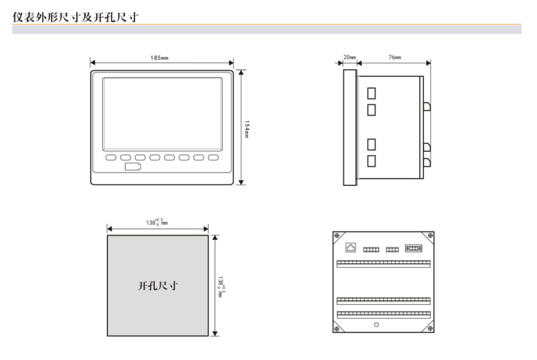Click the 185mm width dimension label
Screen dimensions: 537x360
click(159, 58)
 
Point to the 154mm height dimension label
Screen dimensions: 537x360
click(247, 129)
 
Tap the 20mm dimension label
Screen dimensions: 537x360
click(350, 57)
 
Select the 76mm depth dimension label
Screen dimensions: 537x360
click(394, 57)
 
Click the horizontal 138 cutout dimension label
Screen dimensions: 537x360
click(157, 222)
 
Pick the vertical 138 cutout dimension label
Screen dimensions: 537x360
click(221, 287)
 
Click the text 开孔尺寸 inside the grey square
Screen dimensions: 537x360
click(158, 286)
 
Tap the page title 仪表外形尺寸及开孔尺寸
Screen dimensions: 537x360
click(76, 17)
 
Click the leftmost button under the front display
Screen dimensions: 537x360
click(110, 157)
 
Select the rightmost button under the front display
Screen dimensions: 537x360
click(213, 157)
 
